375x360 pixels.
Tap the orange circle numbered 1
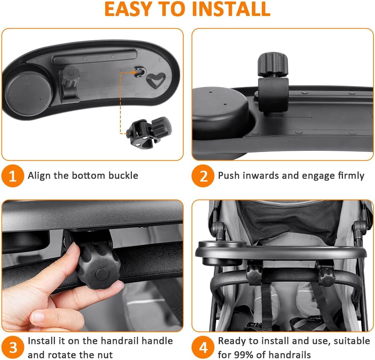coord(13,176)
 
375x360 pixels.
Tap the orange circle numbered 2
coord(203,176)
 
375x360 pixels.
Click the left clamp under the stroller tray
coord(254,273)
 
